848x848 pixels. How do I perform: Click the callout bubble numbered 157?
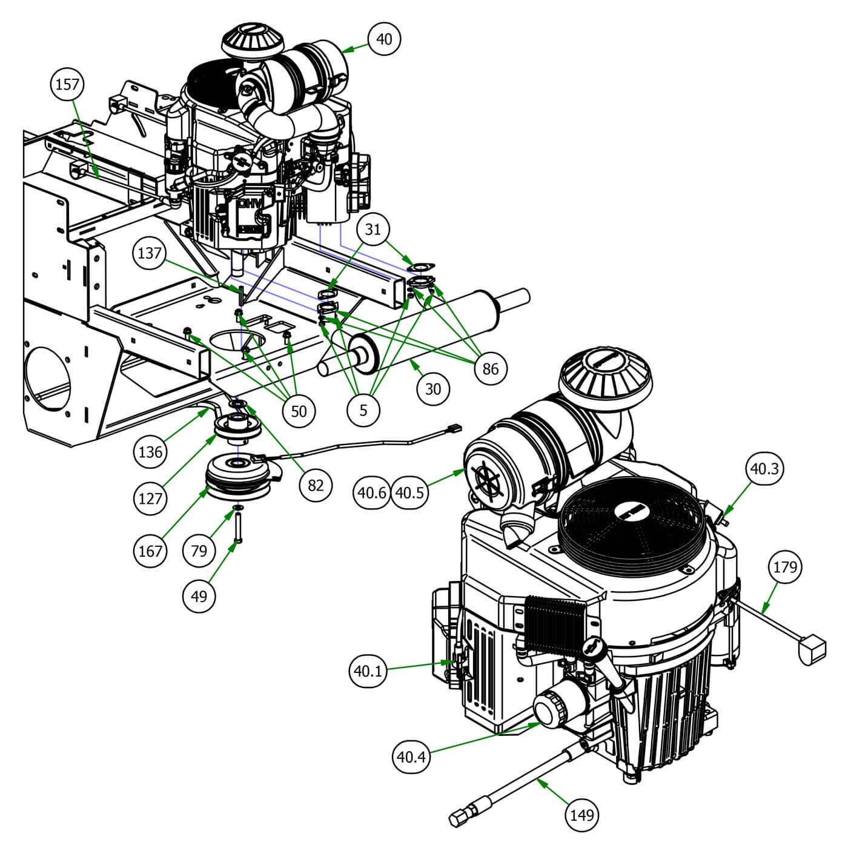[x=67, y=83]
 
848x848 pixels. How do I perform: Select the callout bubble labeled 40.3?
[x=765, y=468]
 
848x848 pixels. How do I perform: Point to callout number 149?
[x=582, y=814]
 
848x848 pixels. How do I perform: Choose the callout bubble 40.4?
[x=412, y=755]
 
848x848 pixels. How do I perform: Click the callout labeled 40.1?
[x=369, y=671]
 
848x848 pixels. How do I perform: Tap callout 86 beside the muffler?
[x=491, y=367]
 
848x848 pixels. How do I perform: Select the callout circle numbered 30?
[x=432, y=388]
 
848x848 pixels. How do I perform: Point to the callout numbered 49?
[x=199, y=596]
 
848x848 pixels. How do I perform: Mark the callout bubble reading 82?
[x=316, y=484]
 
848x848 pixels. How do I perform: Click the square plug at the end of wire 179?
[x=812, y=649]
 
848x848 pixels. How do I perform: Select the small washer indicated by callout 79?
[x=238, y=506]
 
